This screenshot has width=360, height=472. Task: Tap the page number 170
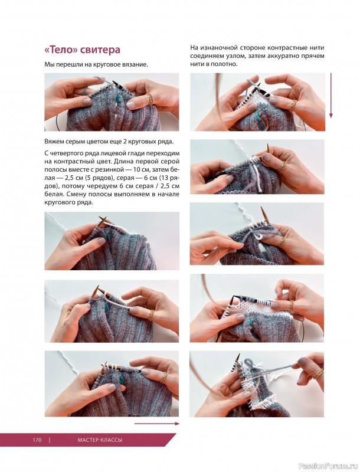coord(37,440)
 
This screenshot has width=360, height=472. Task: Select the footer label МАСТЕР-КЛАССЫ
coord(100,440)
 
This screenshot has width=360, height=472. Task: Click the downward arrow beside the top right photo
coord(331,96)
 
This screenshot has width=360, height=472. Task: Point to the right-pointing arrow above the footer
coord(156,424)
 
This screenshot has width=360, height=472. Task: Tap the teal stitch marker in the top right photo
coord(258,116)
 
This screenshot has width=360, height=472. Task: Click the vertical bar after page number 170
coord(50,440)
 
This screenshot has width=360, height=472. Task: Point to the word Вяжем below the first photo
coord(52,142)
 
